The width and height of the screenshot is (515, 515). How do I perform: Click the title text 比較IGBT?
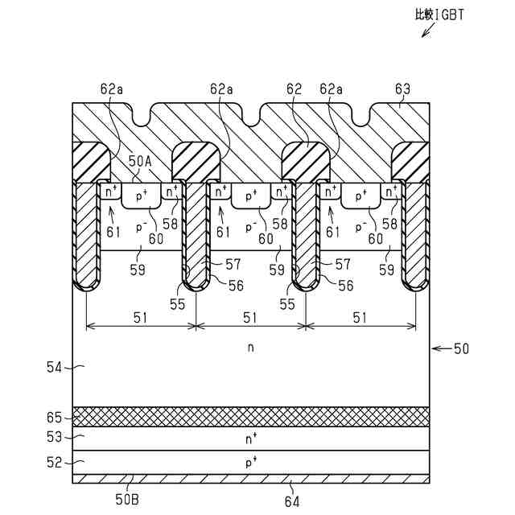point(439,14)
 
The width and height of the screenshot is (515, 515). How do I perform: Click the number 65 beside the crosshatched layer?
point(54,416)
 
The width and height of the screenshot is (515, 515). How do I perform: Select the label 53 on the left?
point(54,438)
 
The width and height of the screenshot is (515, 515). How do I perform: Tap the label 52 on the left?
point(54,462)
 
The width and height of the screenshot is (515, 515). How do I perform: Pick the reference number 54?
point(54,367)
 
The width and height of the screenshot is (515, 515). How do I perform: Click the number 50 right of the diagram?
point(461,348)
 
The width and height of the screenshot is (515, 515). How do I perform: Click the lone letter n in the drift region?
point(250,348)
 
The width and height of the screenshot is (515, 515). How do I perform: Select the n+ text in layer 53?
point(250,439)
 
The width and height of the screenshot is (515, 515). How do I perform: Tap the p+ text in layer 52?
point(250,463)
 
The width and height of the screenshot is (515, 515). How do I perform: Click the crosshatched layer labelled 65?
point(250,416)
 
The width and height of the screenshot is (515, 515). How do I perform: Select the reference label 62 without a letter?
point(293,89)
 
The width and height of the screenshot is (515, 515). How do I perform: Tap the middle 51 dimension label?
point(250,317)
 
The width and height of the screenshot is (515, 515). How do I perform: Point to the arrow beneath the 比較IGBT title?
point(426,31)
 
